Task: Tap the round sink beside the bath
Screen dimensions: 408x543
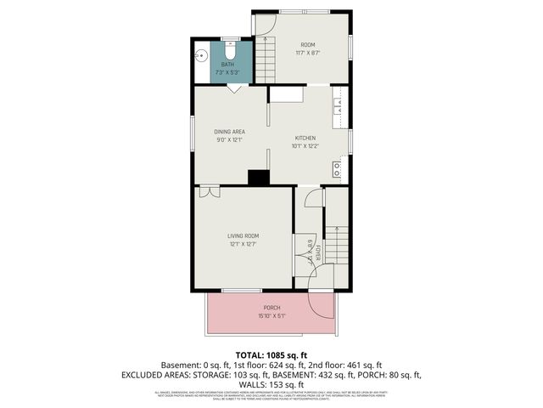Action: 201,54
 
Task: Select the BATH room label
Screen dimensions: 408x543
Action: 227,65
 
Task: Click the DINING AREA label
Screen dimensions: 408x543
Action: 229,132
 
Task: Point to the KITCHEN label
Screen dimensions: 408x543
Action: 305,138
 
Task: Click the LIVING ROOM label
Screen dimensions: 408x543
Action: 243,235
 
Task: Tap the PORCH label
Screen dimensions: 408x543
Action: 271,308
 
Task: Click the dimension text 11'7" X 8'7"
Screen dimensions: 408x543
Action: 307,54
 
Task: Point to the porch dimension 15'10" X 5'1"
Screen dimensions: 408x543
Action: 271,316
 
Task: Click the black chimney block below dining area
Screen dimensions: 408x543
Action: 258,177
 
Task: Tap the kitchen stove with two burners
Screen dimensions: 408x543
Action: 338,169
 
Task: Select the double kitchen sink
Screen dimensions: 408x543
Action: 338,105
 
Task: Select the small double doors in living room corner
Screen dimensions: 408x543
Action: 210,192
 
